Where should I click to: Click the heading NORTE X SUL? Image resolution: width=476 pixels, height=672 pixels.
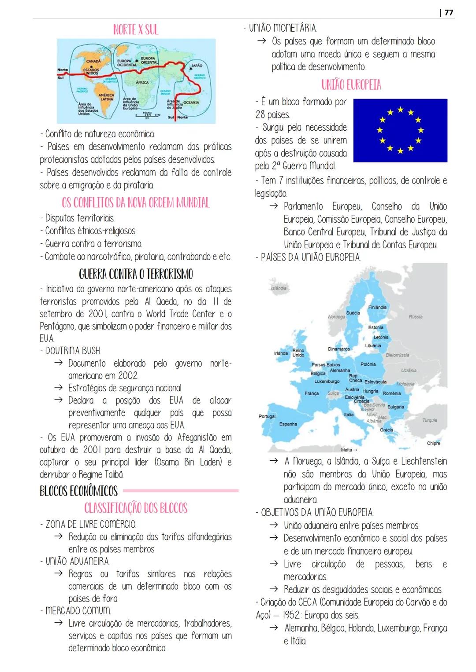click(136, 30)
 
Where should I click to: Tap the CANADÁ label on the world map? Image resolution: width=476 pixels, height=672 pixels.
click(93, 61)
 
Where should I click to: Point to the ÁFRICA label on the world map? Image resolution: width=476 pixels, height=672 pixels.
click(142, 83)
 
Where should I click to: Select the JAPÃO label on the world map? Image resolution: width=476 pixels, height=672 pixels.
click(197, 66)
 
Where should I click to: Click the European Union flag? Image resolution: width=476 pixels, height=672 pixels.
click(400, 130)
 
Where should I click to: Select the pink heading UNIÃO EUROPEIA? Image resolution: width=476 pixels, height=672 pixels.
click(351, 85)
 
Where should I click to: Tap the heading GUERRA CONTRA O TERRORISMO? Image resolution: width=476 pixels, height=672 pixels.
click(136, 274)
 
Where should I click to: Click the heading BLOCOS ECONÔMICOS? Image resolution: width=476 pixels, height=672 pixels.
click(79, 491)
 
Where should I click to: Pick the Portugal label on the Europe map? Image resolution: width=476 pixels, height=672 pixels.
click(267, 416)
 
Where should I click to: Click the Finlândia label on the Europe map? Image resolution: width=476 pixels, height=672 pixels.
click(377, 307)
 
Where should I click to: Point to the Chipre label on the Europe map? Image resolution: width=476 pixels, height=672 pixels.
click(433, 443)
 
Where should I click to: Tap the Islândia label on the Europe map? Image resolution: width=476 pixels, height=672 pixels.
click(279, 288)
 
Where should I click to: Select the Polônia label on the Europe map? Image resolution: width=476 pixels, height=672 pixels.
click(368, 364)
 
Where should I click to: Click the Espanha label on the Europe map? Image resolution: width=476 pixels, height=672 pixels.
click(288, 424)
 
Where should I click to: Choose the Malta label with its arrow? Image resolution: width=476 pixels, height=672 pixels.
click(349, 450)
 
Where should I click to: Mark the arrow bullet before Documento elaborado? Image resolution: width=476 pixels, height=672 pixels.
click(58, 364)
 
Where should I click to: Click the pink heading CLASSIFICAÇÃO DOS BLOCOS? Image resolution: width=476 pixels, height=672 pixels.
click(136, 508)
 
